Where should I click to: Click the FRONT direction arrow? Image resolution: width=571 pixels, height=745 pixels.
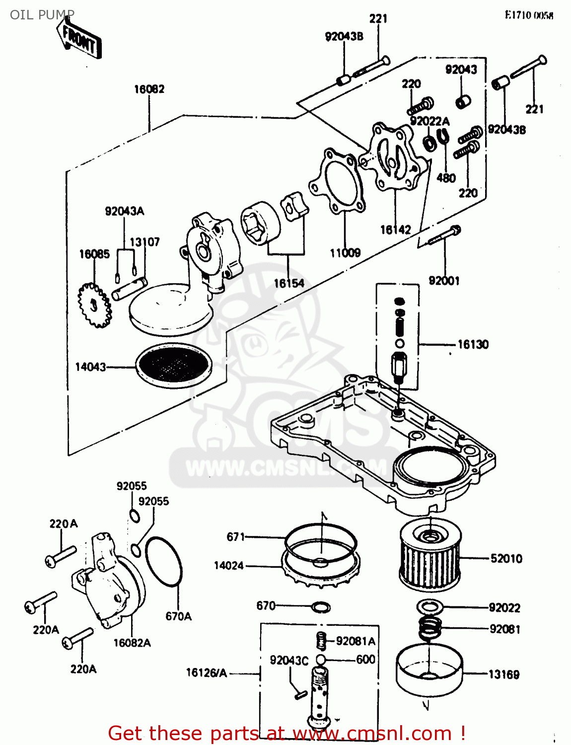[78, 39]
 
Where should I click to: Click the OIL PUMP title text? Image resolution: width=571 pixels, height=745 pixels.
[42, 14]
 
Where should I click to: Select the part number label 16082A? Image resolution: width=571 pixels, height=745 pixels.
[132, 643]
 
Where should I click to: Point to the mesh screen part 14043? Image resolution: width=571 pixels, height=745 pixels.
[174, 366]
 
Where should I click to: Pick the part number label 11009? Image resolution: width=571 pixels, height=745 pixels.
[345, 253]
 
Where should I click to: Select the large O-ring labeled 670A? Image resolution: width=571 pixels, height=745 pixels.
[164, 562]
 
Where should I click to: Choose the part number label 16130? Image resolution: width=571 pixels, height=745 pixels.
[473, 344]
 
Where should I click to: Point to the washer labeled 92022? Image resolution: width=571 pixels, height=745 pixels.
[429, 607]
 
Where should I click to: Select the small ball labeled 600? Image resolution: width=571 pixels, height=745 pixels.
[321, 660]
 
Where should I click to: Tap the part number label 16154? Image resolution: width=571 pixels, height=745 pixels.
[289, 283]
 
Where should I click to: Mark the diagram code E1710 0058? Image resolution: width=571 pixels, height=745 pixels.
[529, 15]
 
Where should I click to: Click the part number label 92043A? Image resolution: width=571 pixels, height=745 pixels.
[124, 211]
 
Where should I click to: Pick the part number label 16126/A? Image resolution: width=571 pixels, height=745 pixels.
[206, 673]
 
